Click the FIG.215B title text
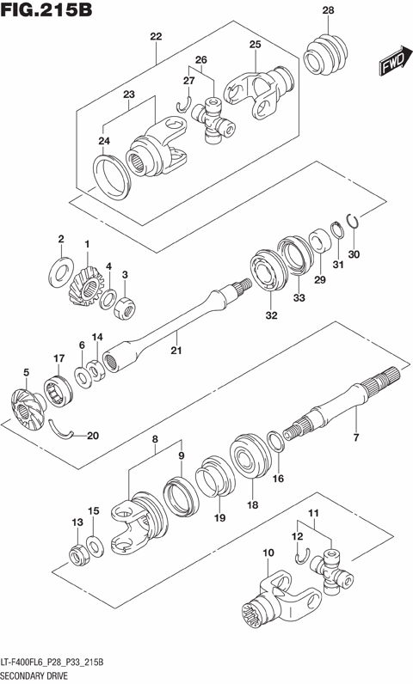[47, 11]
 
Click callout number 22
[156, 36]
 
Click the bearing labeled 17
[59, 387]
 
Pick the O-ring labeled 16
[278, 443]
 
